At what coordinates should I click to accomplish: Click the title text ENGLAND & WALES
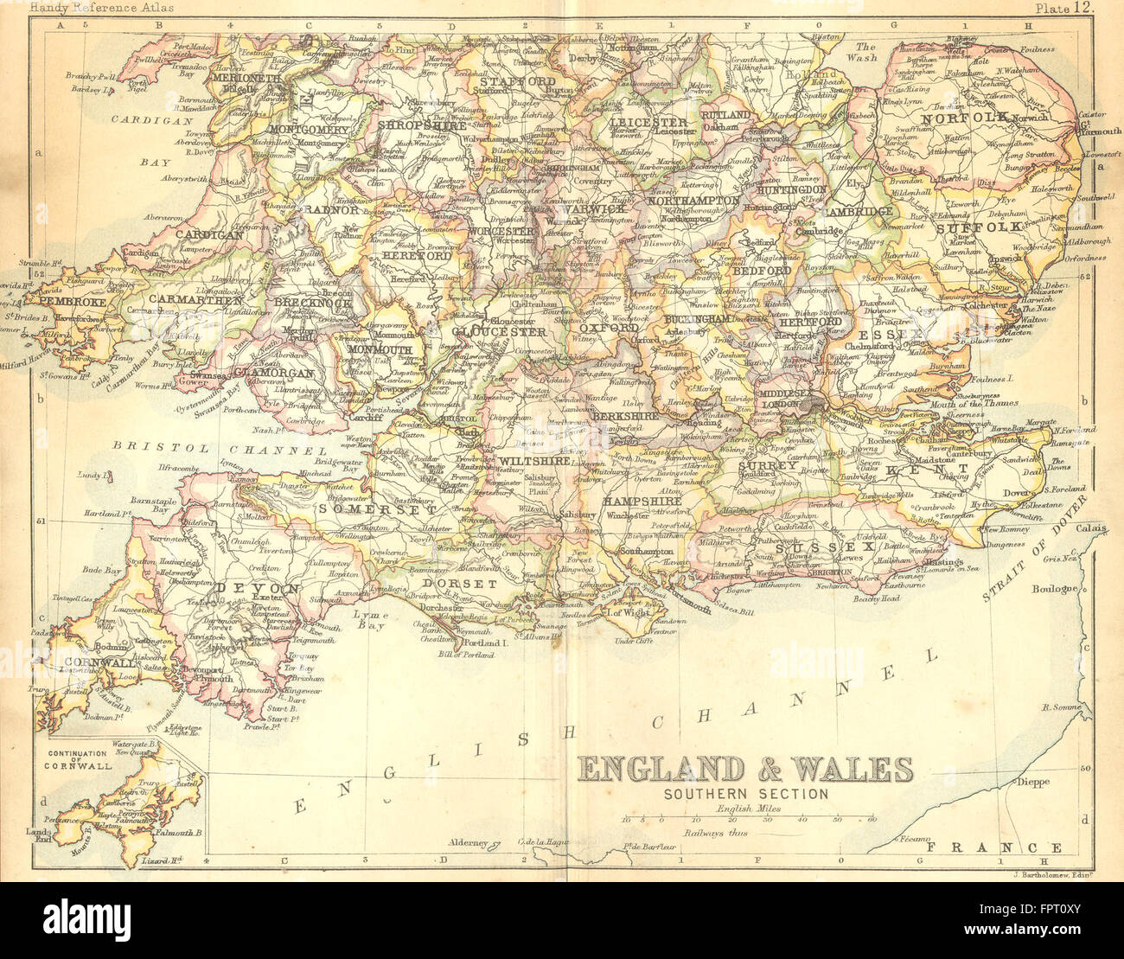744,769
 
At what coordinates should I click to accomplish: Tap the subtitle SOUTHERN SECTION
745,794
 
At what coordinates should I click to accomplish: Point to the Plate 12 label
1064,8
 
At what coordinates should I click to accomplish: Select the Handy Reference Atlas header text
101,8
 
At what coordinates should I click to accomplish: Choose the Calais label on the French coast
1091,527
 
